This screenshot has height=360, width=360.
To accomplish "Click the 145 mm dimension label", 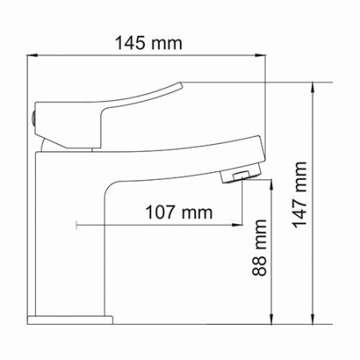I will pyautogui.click(x=147, y=42).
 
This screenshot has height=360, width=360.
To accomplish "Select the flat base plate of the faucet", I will pyautogui.click(x=69, y=320).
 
